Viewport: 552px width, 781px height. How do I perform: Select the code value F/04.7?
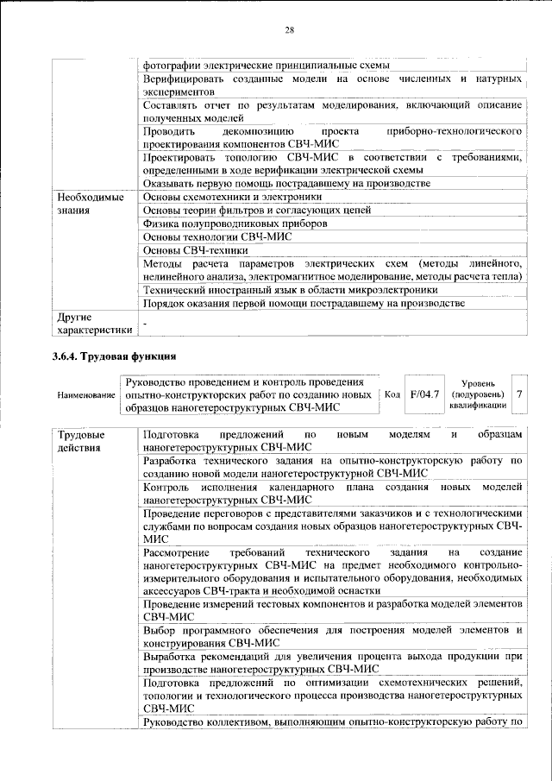pyautogui.click(x=423, y=394)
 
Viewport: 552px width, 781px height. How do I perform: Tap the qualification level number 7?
pyautogui.click(x=518, y=394)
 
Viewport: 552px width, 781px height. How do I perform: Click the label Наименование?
pyautogui.click(x=86, y=394)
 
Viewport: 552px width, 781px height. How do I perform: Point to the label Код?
pyautogui.click(x=392, y=394)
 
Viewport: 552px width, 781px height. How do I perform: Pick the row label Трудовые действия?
pyautogui.click(x=81, y=440)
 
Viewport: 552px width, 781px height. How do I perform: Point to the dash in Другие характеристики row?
pyautogui.click(x=145, y=323)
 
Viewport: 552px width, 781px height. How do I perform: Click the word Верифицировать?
pyautogui.click(x=185, y=79)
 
